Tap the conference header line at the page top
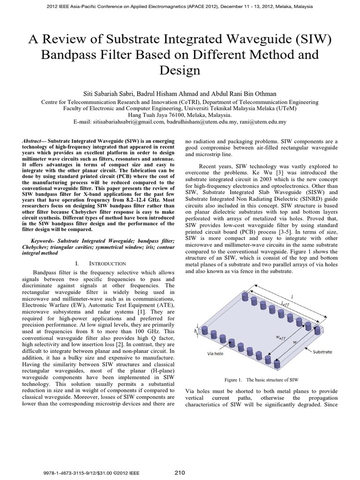(180, 7)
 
